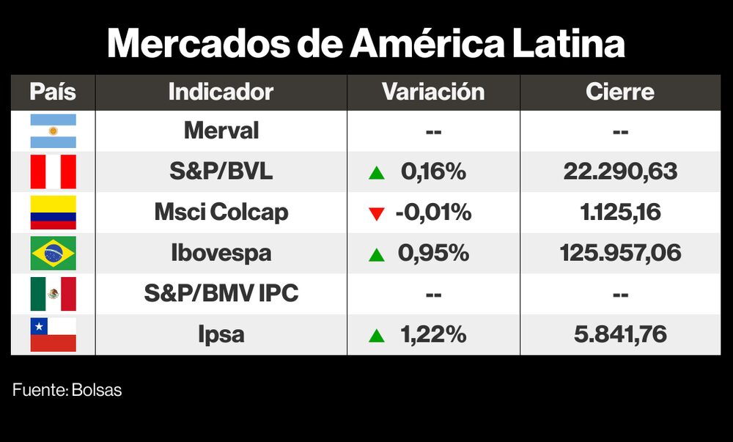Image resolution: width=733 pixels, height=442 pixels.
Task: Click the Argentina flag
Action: [x=53, y=131]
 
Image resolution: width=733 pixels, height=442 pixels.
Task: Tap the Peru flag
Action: [x=53, y=172]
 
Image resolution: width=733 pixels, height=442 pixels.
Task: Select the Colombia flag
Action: [x=53, y=213]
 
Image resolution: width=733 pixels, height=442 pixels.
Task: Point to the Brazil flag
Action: [x=53, y=254]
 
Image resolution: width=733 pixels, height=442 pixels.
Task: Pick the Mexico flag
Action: [x=53, y=294]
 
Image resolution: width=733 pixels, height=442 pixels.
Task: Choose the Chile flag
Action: [x=53, y=335]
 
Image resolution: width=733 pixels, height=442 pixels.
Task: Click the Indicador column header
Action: [x=221, y=92]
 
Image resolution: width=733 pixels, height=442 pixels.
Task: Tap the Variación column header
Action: [x=433, y=92]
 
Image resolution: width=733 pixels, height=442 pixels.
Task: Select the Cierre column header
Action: [x=620, y=92]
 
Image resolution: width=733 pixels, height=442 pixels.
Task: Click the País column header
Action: [x=53, y=92]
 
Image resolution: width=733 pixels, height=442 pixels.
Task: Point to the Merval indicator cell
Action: [x=221, y=131]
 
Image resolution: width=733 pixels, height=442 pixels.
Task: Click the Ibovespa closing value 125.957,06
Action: [x=620, y=254]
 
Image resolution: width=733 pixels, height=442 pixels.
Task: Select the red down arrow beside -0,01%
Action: [x=377, y=214]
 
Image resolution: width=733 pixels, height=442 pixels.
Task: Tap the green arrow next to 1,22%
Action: [x=377, y=336]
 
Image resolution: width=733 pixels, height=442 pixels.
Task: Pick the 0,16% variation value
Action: [x=433, y=172]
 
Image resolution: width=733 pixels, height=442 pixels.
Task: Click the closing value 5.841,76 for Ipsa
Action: [x=620, y=335]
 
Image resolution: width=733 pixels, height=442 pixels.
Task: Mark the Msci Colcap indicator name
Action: [x=221, y=213]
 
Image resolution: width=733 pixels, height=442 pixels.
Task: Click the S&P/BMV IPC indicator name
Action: [x=221, y=294]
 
